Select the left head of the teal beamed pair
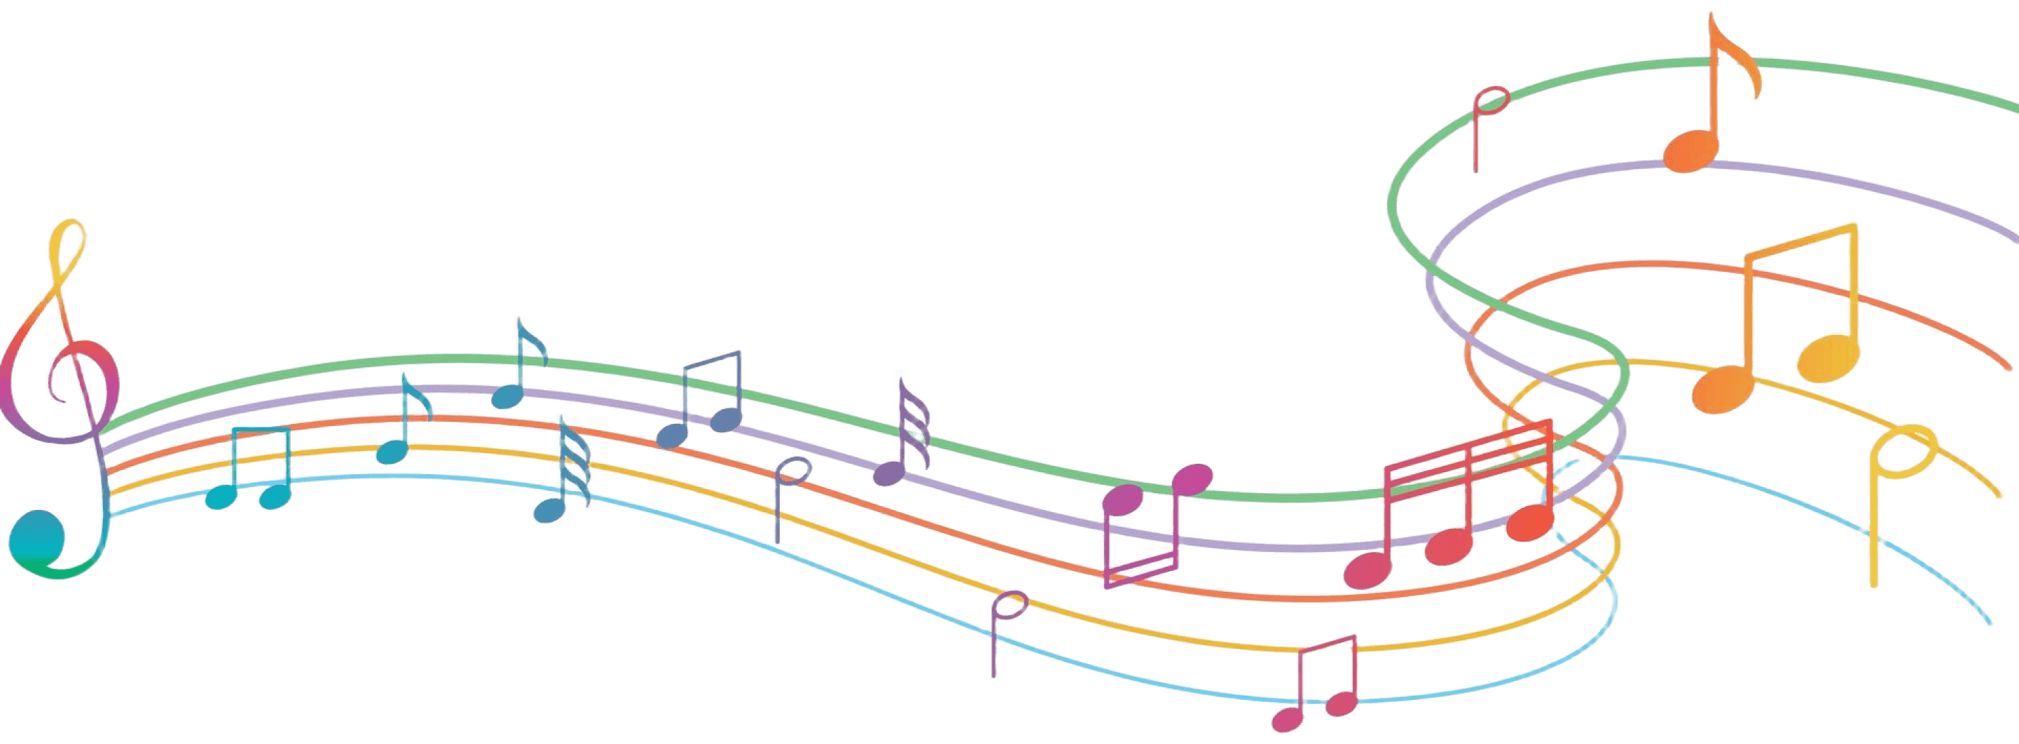pos(220,496)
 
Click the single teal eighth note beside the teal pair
pos(391,450)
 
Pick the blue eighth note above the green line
pos(507,397)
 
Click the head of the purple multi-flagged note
pos(889,473)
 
